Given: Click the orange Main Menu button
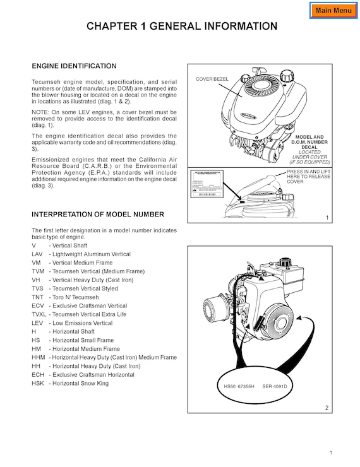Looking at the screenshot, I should point(333,10).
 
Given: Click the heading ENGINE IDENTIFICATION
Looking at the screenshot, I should point(74,66).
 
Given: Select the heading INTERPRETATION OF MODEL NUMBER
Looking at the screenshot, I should point(98,215).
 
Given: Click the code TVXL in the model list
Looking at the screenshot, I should point(39,314).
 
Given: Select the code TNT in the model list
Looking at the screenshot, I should point(37,297).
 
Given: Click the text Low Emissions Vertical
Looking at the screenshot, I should point(80,323).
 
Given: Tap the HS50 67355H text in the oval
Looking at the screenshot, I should point(239,386).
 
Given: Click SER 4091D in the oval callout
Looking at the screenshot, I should point(275,386).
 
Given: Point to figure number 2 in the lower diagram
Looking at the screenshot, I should point(327,408).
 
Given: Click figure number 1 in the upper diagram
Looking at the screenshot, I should point(327,218).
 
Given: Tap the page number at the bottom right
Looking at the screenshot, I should point(330,453).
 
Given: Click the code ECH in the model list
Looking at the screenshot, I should point(38,375).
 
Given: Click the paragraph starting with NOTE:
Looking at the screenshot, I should point(104,119).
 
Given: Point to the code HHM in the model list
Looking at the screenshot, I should point(38,357).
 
